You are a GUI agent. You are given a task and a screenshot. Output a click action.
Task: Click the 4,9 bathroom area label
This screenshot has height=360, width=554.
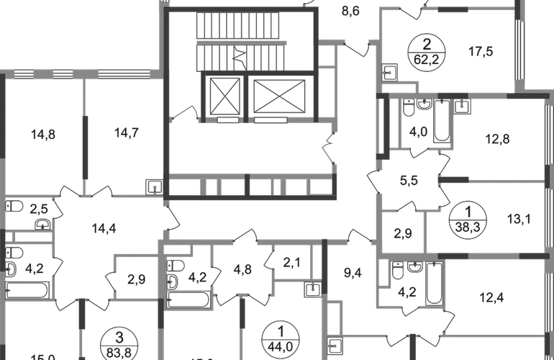click(x=418, y=132)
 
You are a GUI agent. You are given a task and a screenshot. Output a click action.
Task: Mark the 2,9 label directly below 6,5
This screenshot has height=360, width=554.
click(x=403, y=233)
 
